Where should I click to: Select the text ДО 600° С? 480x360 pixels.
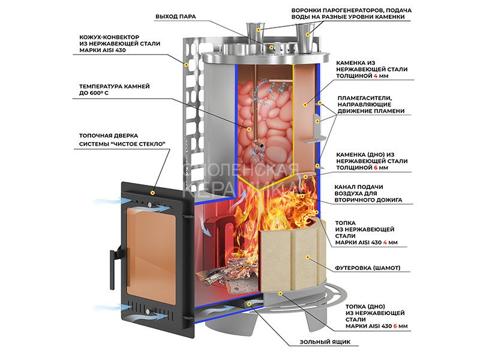100,94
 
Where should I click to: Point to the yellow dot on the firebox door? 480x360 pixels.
154,193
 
